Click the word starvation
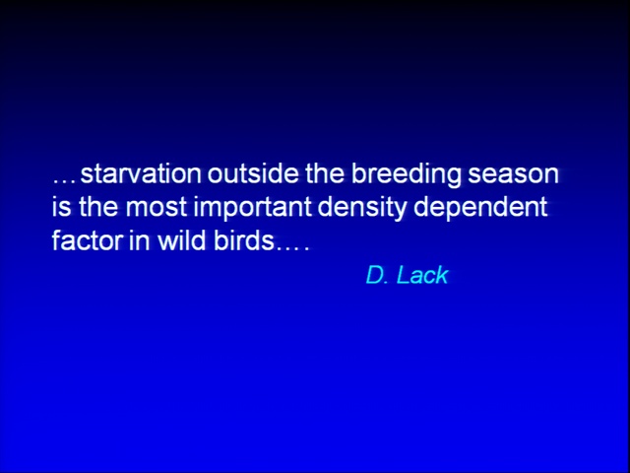(x=141, y=173)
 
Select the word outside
(x=253, y=173)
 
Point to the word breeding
(x=406, y=175)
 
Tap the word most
(x=157, y=208)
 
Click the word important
(x=253, y=209)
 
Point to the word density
(x=362, y=209)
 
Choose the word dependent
(x=480, y=209)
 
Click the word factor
(x=88, y=240)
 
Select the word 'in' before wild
(x=140, y=240)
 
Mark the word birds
(x=243, y=240)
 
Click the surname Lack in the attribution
(x=422, y=275)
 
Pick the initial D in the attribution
(x=375, y=276)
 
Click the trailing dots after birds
(x=292, y=247)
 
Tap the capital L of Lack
(x=402, y=276)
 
